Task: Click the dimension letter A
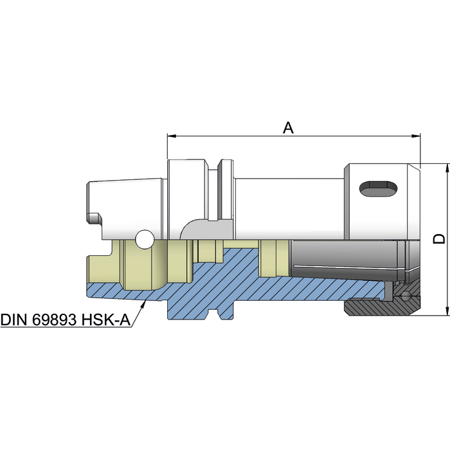coord(289,128)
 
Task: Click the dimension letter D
coord(439,239)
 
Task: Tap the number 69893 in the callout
coord(54,319)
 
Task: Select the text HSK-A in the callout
coord(106,319)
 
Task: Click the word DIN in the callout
coord(14,319)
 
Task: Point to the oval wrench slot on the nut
coord(378,189)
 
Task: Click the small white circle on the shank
coord(145,239)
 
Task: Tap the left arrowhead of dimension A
coord(172,136)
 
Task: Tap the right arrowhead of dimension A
coord(415,136)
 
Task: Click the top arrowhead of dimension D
coord(447,168)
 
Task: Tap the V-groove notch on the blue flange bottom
coord(213,314)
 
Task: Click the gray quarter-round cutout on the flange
coord(206,230)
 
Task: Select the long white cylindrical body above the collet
coord(289,209)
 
